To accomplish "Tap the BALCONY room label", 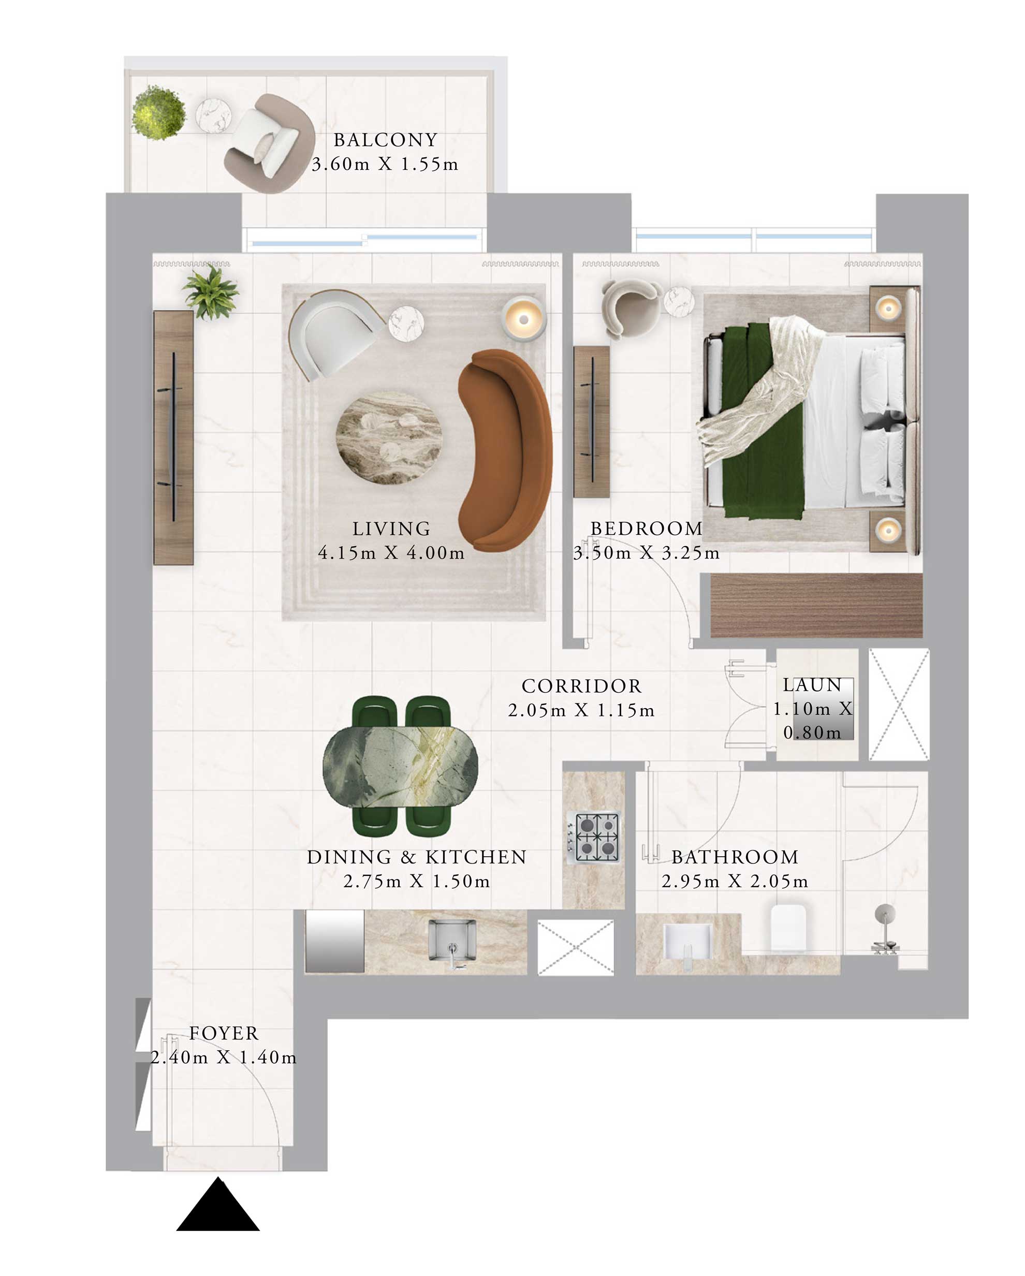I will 385,140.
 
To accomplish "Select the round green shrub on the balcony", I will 158,112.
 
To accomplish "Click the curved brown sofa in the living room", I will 505,450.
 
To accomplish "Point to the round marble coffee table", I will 388,437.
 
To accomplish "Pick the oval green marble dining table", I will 400,767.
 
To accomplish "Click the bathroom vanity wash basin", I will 686,941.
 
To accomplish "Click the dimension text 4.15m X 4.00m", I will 391,553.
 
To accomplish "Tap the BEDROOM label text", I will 646,528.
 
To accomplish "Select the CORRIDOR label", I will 581,685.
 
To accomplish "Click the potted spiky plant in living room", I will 211,292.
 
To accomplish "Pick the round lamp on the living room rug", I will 523,319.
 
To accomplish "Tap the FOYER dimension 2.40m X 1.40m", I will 223,1057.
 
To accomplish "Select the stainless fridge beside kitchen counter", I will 334,941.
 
